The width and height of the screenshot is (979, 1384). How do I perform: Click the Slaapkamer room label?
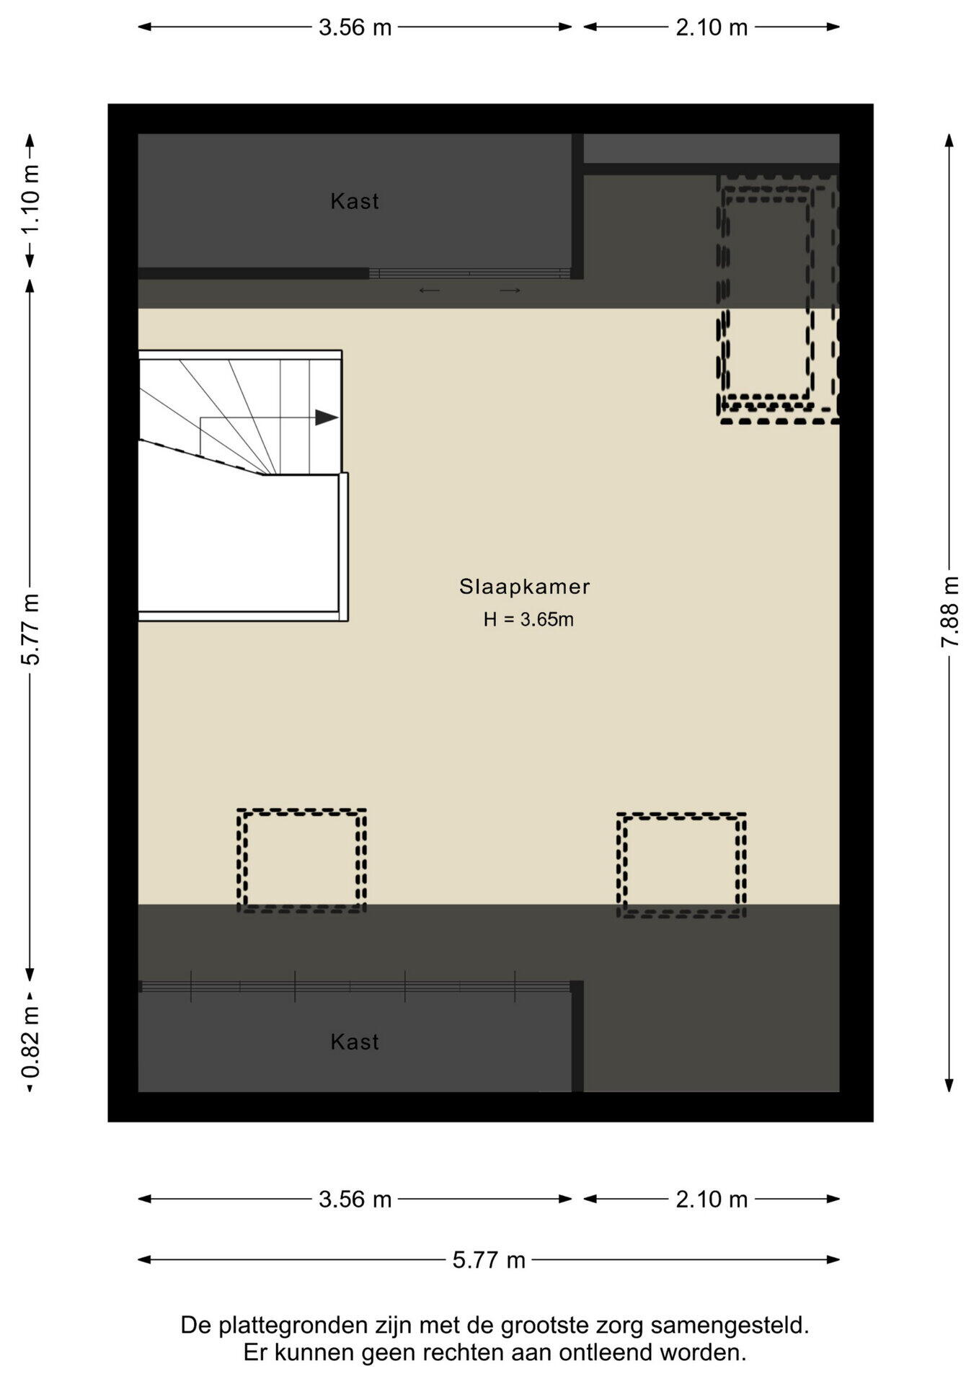coord(525,587)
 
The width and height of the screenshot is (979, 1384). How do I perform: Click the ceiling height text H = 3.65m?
coord(528,619)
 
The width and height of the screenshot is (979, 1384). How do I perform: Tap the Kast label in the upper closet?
coord(355,201)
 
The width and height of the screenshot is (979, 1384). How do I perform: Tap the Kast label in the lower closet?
coord(355,1042)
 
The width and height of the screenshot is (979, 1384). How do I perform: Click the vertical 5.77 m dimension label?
coord(30,629)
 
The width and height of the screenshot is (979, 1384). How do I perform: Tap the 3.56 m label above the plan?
coord(355,27)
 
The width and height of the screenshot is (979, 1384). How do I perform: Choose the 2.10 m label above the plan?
coord(712,27)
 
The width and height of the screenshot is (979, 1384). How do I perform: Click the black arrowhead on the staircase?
coord(327,417)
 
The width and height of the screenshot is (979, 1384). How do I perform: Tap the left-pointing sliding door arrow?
coord(430,290)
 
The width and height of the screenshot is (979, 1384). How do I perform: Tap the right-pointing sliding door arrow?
coord(510,290)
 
